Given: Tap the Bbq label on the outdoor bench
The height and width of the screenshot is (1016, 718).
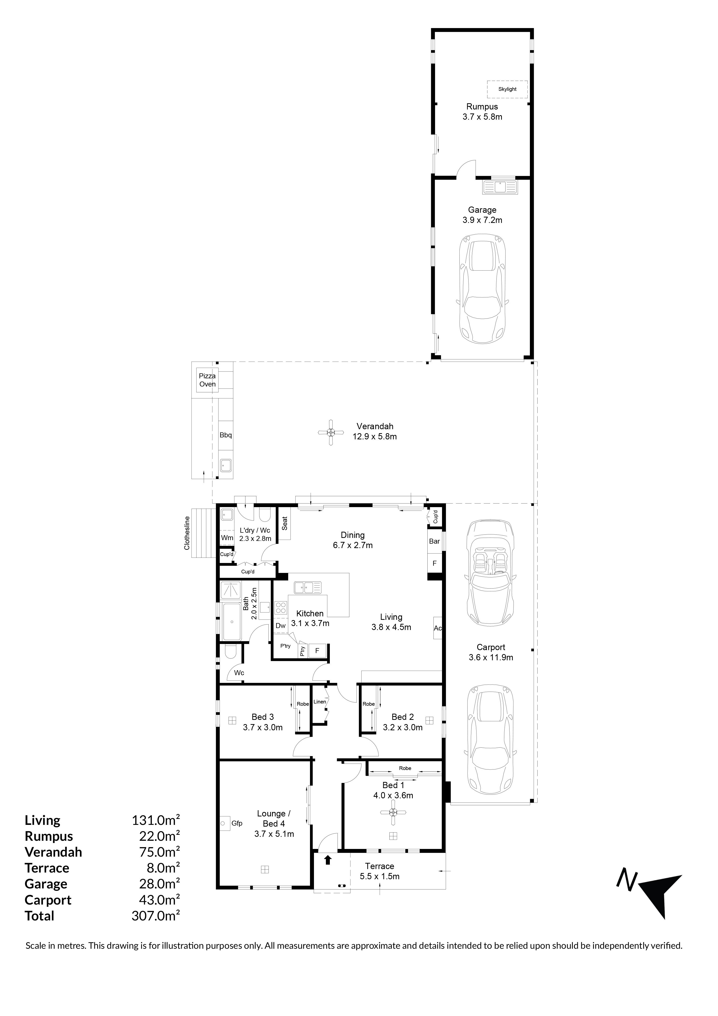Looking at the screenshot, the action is tap(226, 435).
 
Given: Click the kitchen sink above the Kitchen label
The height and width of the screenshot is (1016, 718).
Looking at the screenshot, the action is tap(308, 588).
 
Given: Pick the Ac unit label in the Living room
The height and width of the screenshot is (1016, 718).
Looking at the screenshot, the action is tap(438, 628).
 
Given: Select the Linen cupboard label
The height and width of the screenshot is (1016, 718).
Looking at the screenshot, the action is tap(320, 702).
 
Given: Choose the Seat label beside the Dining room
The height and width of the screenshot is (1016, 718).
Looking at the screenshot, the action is tap(284, 524).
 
